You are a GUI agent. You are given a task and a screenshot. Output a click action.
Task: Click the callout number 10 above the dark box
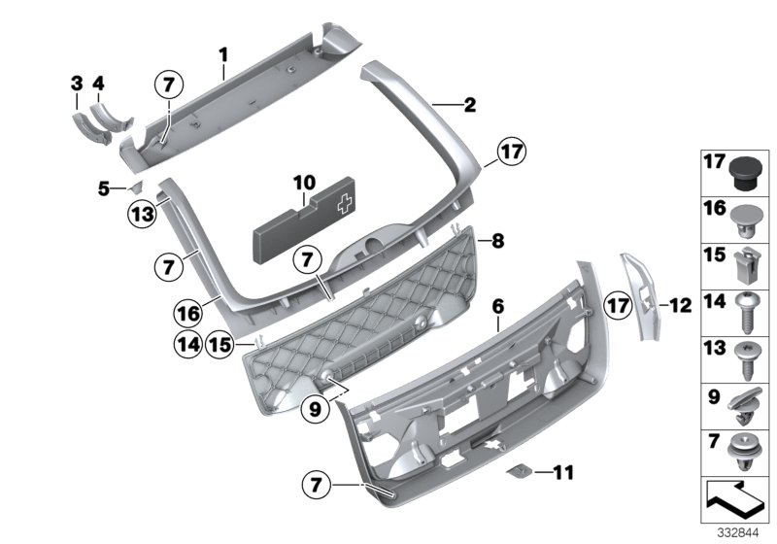(x=304, y=182)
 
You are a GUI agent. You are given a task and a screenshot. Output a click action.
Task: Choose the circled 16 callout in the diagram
(x=190, y=313)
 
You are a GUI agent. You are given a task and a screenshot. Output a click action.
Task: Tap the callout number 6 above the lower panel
(x=497, y=306)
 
